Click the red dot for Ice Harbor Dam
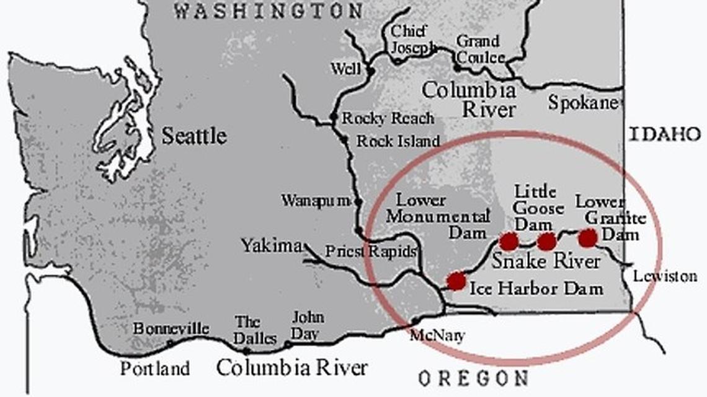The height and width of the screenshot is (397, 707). point(456,281)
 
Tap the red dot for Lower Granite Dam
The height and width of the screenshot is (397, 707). point(587,237)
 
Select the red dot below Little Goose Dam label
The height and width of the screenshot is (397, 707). point(546,241)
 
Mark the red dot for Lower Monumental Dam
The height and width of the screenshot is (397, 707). point(509,241)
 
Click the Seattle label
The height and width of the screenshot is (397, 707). point(194,136)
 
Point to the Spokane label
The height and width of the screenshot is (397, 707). point(584,103)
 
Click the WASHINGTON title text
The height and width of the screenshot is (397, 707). point(268,11)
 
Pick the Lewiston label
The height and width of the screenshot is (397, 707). point(664,276)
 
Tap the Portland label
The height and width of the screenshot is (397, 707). point(154,369)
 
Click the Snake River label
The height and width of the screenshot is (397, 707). point(546,261)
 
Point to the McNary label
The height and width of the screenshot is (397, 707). point(437,335)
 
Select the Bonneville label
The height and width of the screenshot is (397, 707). point(171,328)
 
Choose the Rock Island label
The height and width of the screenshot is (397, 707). point(398,141)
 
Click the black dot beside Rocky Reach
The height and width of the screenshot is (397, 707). point(334,117)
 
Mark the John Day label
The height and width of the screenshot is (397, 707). point(308,326)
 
